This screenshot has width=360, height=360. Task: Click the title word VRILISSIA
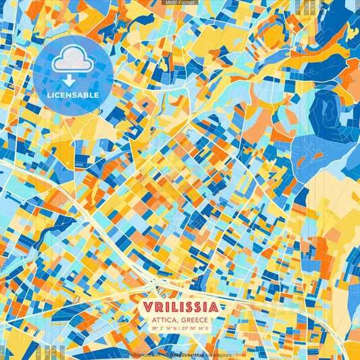pos(180,307)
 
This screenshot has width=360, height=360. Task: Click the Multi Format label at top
pos(180,3)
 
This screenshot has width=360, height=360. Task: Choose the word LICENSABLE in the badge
pos(74,95)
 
